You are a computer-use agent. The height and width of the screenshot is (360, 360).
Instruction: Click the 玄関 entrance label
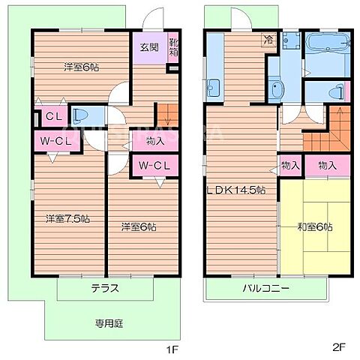pos(148,47)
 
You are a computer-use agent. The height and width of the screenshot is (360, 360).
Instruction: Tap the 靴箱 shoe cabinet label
pos(174,47)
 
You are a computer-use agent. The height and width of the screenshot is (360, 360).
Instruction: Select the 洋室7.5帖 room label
pos(67,219)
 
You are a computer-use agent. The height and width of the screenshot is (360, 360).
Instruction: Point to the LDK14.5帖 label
pos(236,190)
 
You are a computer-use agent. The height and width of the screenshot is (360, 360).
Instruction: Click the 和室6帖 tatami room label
pos(313,226)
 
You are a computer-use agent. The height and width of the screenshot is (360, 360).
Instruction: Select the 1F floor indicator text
pos(171,347)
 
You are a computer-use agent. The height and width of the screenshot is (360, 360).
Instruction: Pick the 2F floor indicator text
pos(338,347)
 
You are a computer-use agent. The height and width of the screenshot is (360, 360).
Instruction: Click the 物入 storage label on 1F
pos(156,140)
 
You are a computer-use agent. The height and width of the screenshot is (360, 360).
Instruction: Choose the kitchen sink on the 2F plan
pos(212,85)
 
